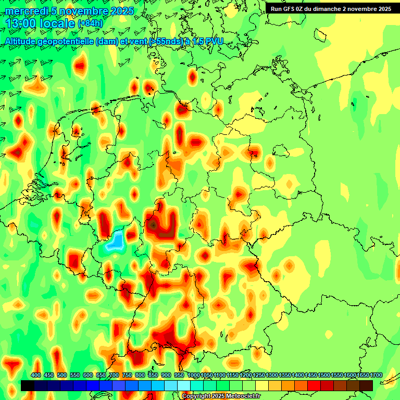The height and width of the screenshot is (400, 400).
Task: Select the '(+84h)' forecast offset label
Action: (90, 23)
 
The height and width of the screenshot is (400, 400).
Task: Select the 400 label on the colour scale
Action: (36, 376)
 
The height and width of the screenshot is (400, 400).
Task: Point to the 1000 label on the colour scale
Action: (193, 376)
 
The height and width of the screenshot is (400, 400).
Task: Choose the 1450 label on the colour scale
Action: (311, 376)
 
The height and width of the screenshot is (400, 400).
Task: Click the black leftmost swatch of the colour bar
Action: (28, 385)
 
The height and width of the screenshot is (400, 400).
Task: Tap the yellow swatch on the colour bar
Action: (262, 385)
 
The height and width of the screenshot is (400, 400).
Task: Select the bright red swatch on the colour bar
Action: (314, 385)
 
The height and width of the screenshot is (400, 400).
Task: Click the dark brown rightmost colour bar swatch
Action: (366, 385)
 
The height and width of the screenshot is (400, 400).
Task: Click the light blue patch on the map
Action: (115, 241)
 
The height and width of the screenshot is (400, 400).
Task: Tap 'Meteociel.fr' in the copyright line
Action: (242, 396)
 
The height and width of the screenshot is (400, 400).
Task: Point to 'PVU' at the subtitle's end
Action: (215, 41)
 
